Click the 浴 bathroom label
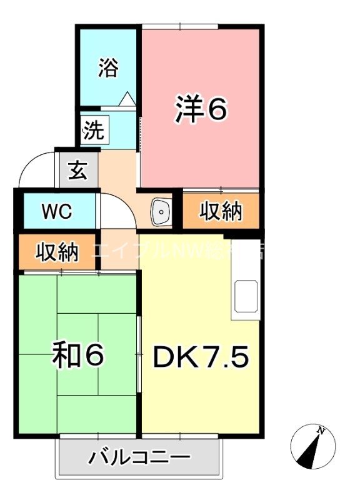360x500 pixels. coord(107,67)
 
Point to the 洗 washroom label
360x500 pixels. coord(93,131)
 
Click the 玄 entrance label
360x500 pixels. coord(77,170)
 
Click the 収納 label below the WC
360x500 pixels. coord(57,252)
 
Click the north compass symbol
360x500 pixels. coord(313,446)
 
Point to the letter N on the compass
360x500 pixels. coord(321,431)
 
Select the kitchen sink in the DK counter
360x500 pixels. coord(246,297)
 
